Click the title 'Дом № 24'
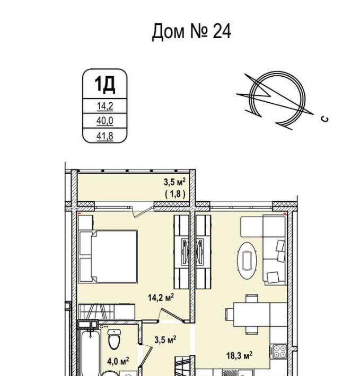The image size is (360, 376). [191, 32]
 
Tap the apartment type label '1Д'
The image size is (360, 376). [105, 84]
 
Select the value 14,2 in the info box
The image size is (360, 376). [105, 106]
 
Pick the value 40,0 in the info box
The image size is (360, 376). [105, 121]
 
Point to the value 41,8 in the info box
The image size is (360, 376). [105, 136]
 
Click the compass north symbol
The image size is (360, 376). [275, 100]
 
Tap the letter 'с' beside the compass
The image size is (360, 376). [325, 119]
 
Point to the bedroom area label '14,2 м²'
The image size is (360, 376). [161, 298]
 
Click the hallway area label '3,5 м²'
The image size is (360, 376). [165, 339]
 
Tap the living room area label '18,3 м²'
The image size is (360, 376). [239, 355]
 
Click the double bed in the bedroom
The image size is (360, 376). [108, 256]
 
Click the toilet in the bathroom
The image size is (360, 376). [114, 338]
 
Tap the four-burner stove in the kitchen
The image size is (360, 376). [278, 351]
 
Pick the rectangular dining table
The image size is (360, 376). [251, 314]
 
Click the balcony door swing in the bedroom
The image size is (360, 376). [142, 211]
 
